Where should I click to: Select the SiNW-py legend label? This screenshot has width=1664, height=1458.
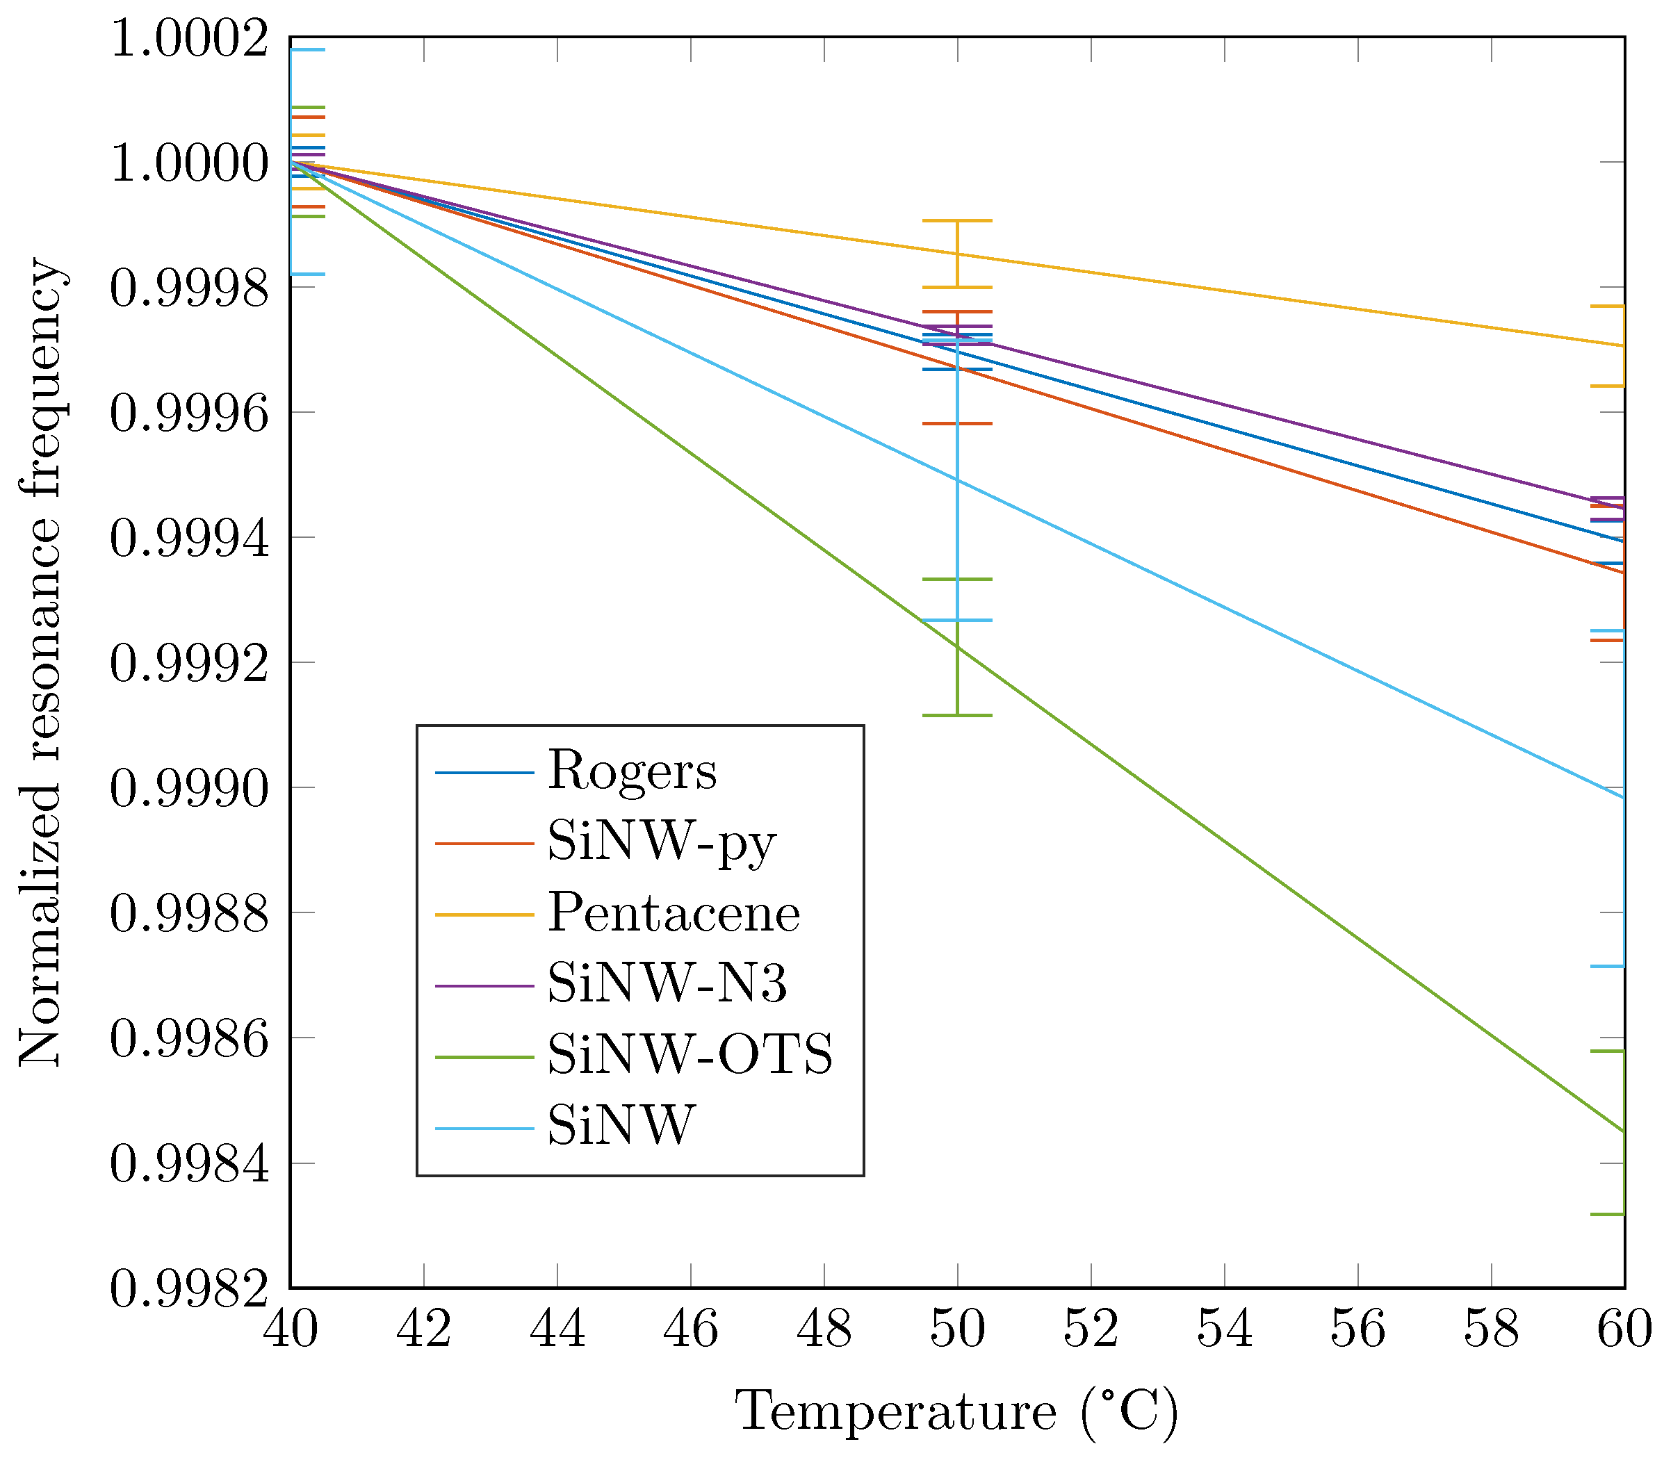662,842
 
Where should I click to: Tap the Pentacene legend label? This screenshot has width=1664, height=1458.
674,913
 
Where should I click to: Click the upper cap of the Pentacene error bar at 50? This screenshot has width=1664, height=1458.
958,220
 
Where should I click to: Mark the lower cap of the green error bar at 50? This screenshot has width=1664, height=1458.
958,715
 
